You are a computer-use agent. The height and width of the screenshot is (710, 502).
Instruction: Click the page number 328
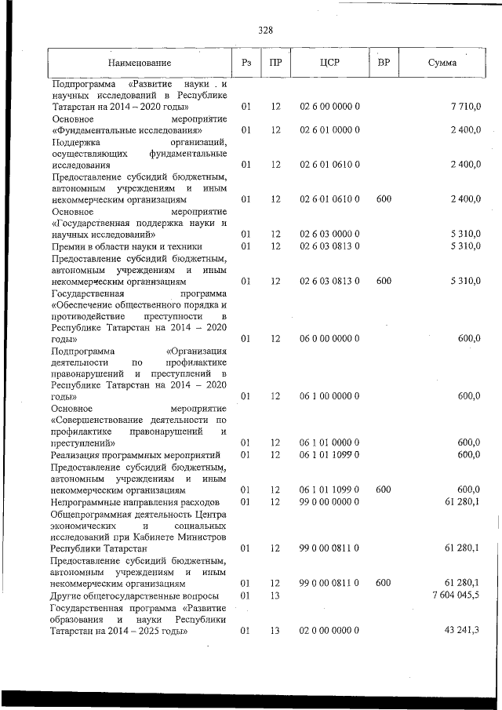(265, 31)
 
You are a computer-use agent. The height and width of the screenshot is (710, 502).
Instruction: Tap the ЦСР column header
(329, 62)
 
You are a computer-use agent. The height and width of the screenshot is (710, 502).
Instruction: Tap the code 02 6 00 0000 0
(329, 106)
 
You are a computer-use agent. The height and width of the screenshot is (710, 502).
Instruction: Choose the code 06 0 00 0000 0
(329, 338)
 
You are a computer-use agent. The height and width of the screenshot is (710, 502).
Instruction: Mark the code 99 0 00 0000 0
(329, 501)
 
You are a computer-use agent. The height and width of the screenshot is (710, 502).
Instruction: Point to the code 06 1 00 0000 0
(329, 396)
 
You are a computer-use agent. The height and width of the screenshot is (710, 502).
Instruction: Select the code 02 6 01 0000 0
(329, 129)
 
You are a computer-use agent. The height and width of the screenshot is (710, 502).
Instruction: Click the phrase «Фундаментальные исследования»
(128, 129)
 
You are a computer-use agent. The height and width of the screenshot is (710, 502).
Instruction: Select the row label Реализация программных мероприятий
(135, 454)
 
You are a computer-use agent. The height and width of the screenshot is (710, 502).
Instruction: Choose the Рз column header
(246, 62)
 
